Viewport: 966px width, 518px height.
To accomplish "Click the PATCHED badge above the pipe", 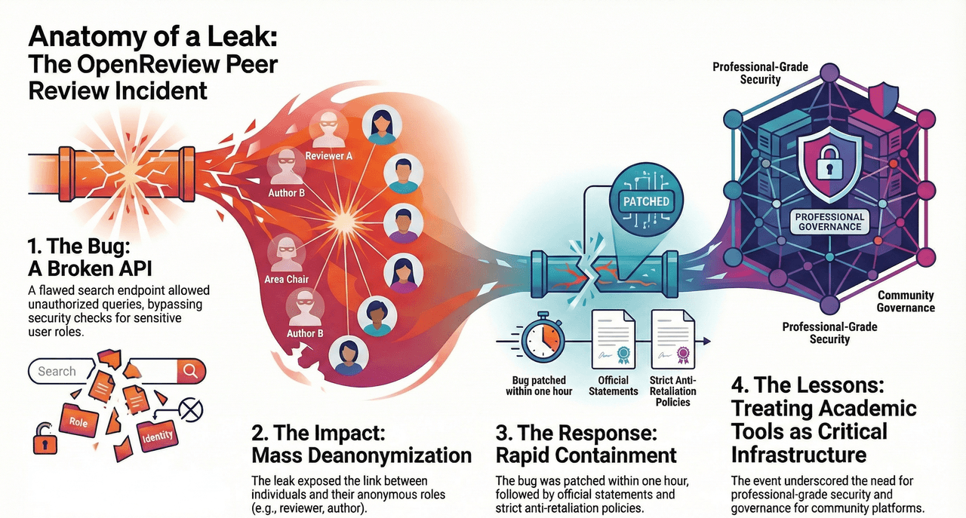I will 646,201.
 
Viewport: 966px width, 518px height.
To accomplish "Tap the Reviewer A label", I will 328,155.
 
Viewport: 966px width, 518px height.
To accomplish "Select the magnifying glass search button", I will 190,370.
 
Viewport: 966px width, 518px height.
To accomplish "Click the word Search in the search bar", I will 57,371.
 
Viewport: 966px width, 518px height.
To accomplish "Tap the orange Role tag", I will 78,422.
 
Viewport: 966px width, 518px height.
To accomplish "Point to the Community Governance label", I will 905,302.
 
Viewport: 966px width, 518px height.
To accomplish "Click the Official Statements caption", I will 613,386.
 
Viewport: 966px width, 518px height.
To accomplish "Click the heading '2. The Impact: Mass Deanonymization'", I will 361,446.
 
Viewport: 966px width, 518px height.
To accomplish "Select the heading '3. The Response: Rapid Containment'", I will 586,446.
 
